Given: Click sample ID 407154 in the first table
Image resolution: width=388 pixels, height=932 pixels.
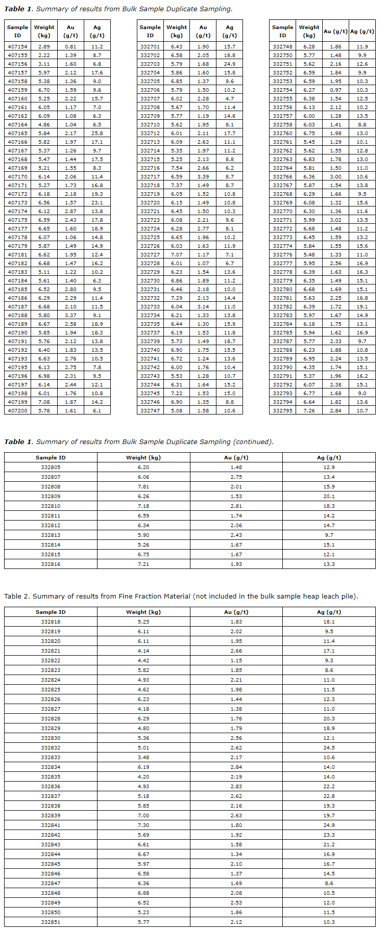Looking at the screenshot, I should [x=17, y=46].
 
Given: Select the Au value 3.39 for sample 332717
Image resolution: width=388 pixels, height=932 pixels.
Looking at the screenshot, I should [x=203, y=176].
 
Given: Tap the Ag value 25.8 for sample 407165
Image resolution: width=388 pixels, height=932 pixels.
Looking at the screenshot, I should [x=97, y=133].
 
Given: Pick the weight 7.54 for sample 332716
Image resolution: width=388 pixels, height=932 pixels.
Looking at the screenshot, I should [x=177, y=168].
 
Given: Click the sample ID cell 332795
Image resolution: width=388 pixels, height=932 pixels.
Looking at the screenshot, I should [x=282, y=410].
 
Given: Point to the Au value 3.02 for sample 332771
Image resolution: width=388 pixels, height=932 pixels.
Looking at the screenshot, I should [x=335, y=220].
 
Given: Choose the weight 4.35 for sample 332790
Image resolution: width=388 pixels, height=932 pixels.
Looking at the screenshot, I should [x=309, y=367].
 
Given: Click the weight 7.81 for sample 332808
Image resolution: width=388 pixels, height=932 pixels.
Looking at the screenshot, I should [x=143, y=486].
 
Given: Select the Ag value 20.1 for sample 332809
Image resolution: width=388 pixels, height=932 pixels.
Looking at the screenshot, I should [x=329, y=496].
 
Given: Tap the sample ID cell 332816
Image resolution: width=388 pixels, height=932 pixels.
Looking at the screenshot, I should [x=51, y=564].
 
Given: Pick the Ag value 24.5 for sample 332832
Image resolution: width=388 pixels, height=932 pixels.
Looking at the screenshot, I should [x=329, y=747].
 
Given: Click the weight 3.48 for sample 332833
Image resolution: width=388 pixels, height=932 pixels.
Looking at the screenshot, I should [x=143, y=757].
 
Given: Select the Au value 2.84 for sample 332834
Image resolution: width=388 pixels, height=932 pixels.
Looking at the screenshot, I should [x=236, y=767].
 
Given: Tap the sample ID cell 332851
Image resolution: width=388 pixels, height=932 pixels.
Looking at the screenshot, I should [x=51, y=922].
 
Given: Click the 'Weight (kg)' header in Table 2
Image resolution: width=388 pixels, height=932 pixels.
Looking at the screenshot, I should [x=143, y=612].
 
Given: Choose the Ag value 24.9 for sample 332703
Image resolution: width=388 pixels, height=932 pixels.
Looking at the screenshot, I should [x=229, y=64].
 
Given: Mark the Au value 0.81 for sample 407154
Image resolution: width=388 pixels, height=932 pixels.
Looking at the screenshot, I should [x=70, y=46].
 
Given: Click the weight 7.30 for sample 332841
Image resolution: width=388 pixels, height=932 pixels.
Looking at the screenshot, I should [x=143, y=825].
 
